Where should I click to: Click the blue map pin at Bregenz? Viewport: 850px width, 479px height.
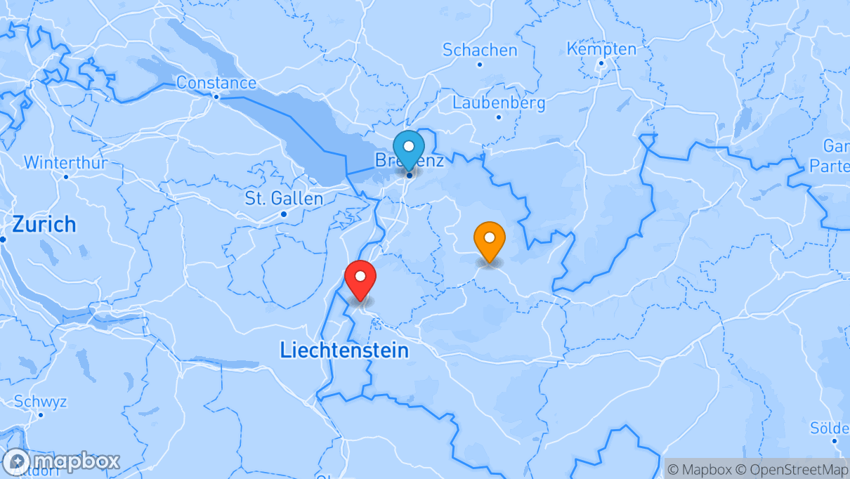point(408,148)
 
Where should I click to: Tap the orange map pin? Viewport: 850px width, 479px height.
point(490,240)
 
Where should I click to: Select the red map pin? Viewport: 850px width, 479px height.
point(360,278)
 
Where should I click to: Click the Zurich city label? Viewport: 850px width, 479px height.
point(44,225)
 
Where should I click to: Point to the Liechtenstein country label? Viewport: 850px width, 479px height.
point(344,350)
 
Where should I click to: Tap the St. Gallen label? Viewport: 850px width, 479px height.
point(284,199)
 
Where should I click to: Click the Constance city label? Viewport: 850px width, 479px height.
point(216,83)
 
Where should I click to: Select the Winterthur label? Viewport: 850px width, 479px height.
point(65,163)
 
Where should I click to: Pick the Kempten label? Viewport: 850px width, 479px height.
point(601,49)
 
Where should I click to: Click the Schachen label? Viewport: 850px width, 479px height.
point(480,50)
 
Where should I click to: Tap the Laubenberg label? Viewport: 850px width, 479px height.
point(499,103)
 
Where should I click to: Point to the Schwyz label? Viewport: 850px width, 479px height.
point(41,402)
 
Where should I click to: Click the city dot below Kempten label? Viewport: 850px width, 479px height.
point(601,63)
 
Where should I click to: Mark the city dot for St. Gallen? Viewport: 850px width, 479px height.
point(284,214)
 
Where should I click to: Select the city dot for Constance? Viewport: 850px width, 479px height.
point(216,97)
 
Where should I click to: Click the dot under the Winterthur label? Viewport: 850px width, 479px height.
point(66,176)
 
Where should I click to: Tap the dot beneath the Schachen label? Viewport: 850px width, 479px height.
point(480,65)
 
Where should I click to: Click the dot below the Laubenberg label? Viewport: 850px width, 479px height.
point(499,117)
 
